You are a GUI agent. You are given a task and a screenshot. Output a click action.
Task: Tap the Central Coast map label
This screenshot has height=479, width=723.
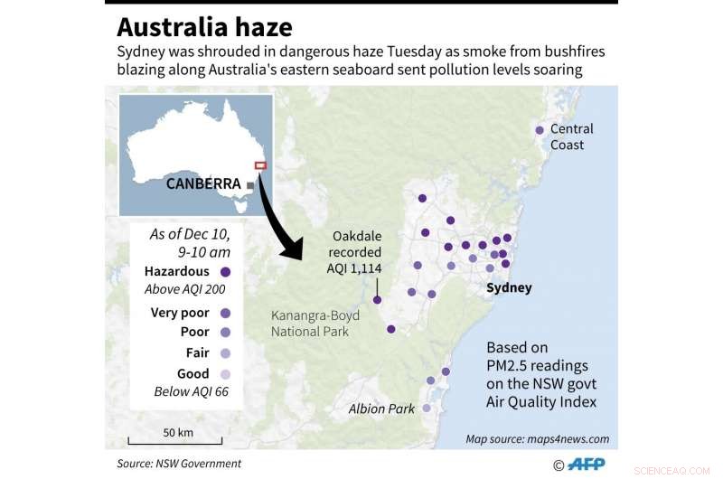point(572,137)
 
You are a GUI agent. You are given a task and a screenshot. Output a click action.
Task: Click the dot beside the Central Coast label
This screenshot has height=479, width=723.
point(540,130)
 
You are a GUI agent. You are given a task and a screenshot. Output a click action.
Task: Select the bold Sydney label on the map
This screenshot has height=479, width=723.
point(509,288)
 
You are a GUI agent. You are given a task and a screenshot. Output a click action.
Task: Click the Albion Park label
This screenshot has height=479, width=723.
point(381,409)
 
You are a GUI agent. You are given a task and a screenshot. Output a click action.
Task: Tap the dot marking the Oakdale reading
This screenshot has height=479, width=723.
point(378,300)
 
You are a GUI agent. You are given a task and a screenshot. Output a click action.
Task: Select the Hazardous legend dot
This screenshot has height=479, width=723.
point(225,271)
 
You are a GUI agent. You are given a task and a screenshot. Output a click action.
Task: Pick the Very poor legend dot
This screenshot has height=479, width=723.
point(225,313)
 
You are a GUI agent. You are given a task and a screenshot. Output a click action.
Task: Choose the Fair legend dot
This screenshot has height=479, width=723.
point(225,353)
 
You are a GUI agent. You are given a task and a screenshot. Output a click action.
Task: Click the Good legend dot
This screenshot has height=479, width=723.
point(225,374)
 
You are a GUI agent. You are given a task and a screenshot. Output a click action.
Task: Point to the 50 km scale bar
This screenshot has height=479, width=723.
point(178,442)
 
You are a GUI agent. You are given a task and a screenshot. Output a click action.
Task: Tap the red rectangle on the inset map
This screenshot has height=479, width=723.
point(260,165)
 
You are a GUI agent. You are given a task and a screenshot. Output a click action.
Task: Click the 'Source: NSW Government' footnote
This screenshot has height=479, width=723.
point(179,464)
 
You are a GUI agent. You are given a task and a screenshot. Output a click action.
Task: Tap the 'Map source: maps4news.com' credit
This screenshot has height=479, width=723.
point(537,439)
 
